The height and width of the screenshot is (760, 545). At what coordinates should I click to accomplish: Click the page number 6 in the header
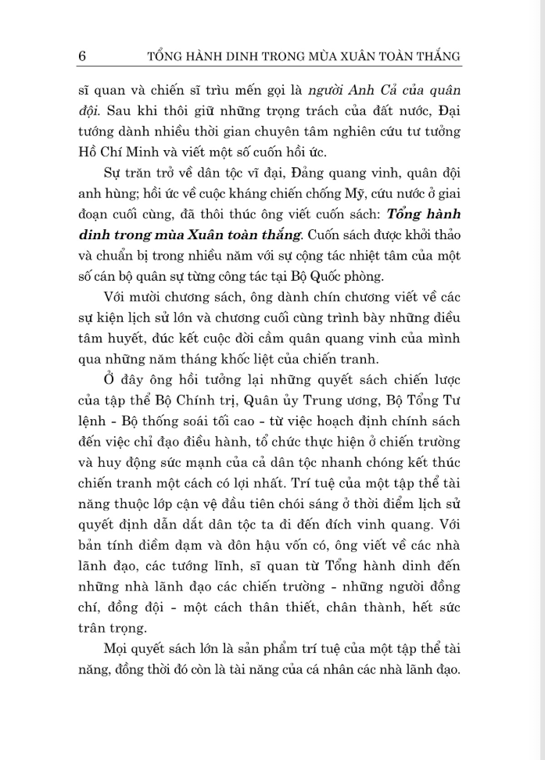82,56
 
